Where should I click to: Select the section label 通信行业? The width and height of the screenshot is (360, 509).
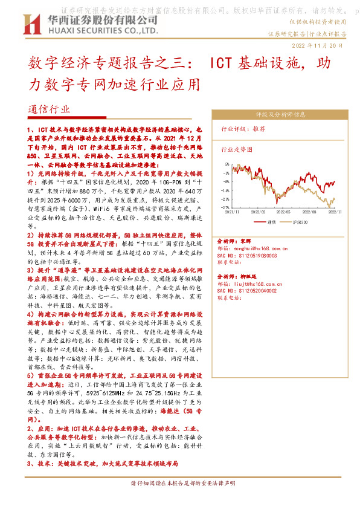(x=50, y=109)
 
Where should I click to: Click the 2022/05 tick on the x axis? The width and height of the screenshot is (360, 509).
(x=282, y=213)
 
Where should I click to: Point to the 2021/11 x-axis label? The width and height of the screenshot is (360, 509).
(x=233, y=213)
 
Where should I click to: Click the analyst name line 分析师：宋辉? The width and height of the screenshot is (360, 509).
(x=234, y=241)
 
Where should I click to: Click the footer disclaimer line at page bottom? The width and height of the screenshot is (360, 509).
(x=180, y=483)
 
